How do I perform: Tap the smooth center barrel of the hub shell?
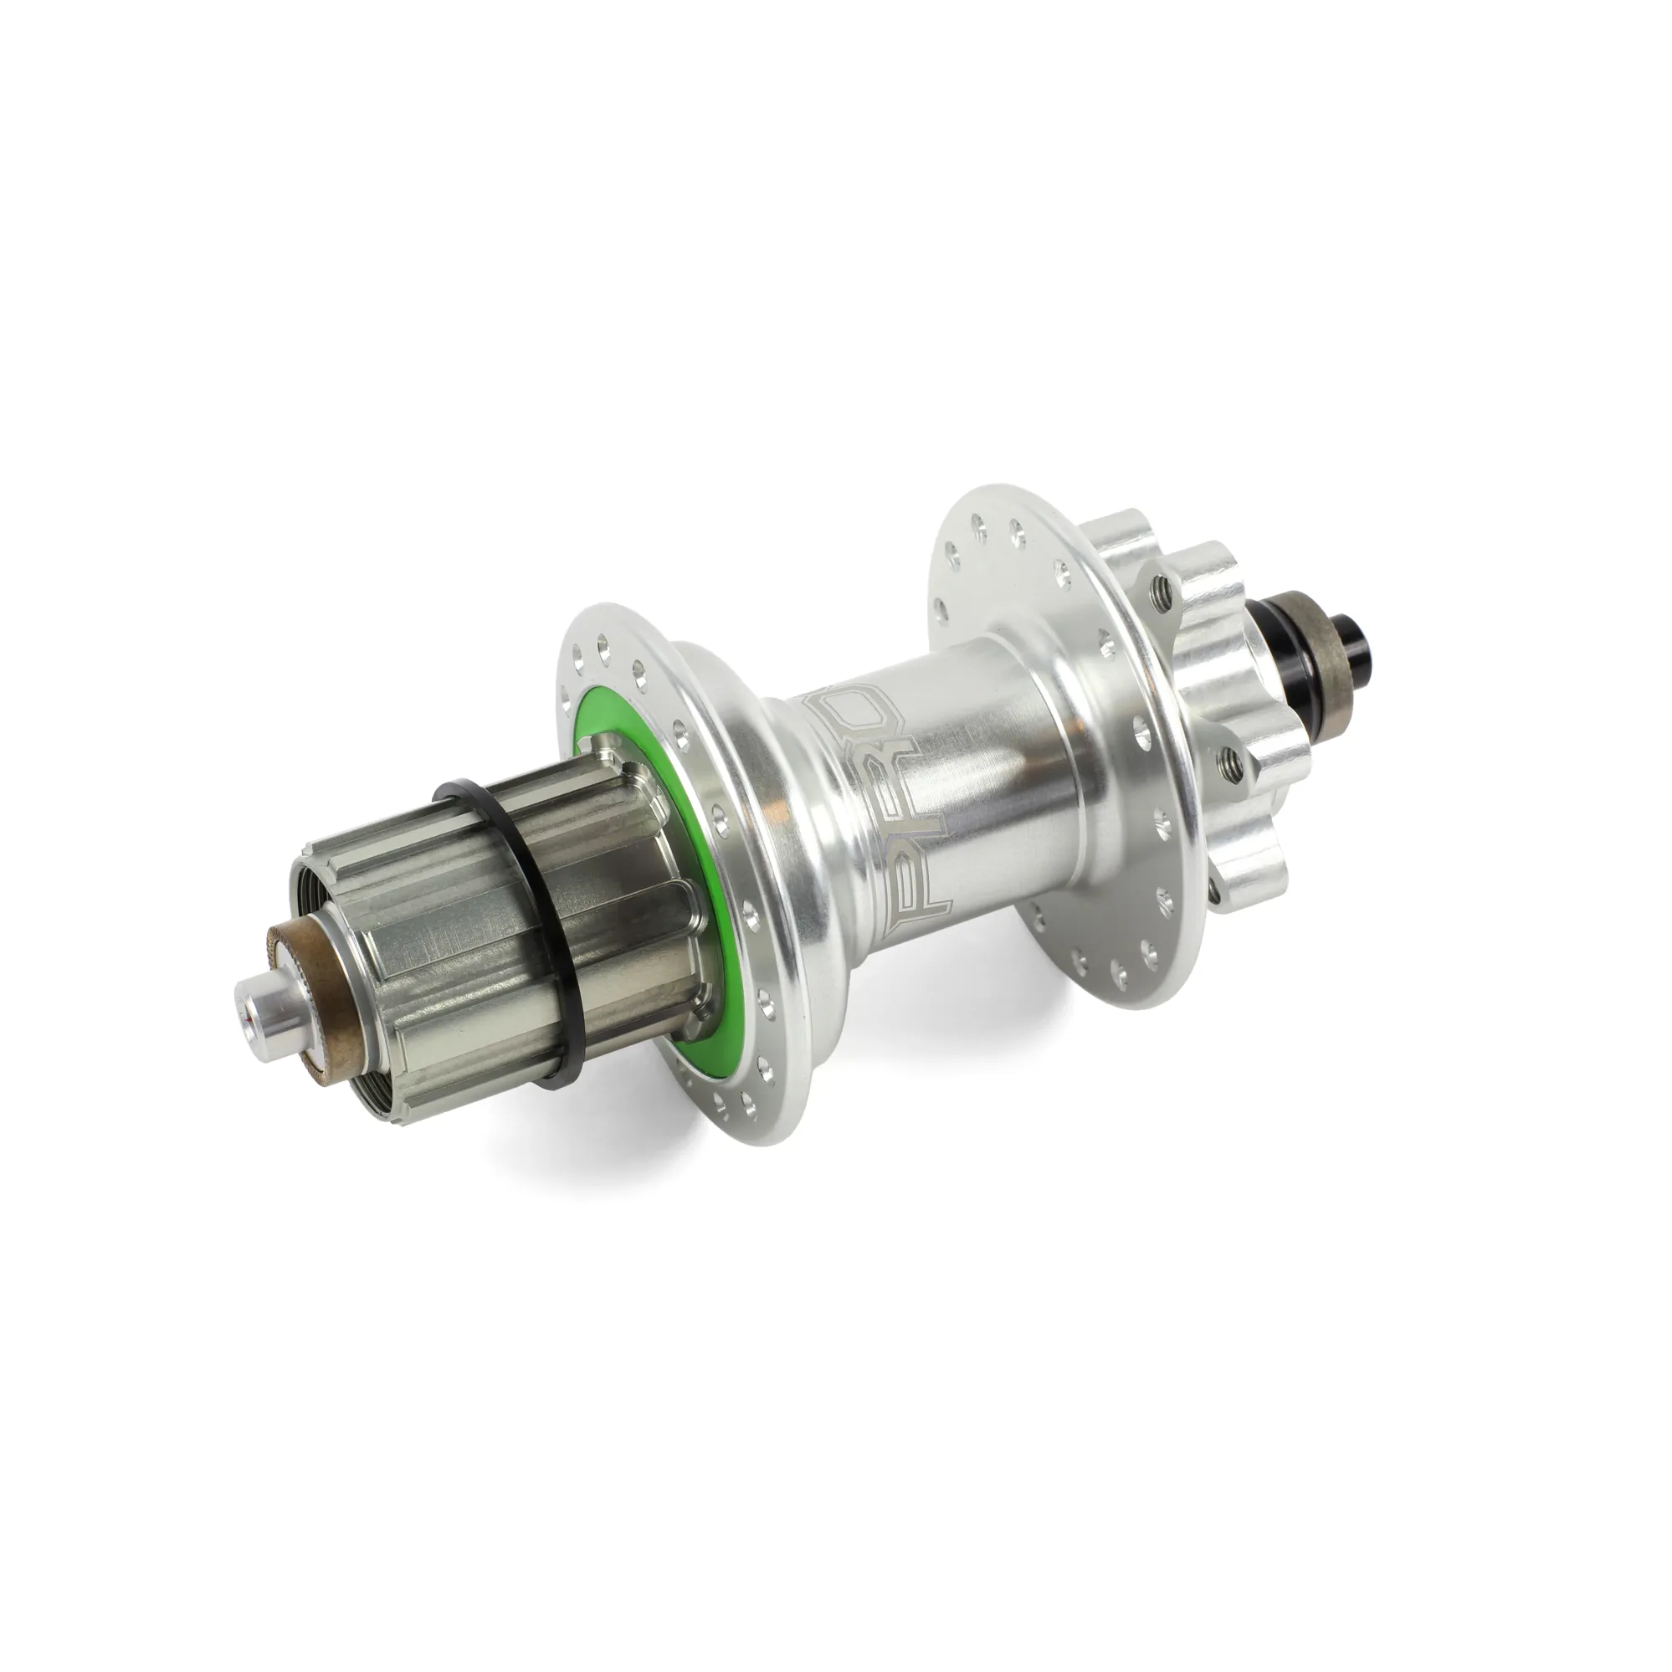point(978,779)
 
